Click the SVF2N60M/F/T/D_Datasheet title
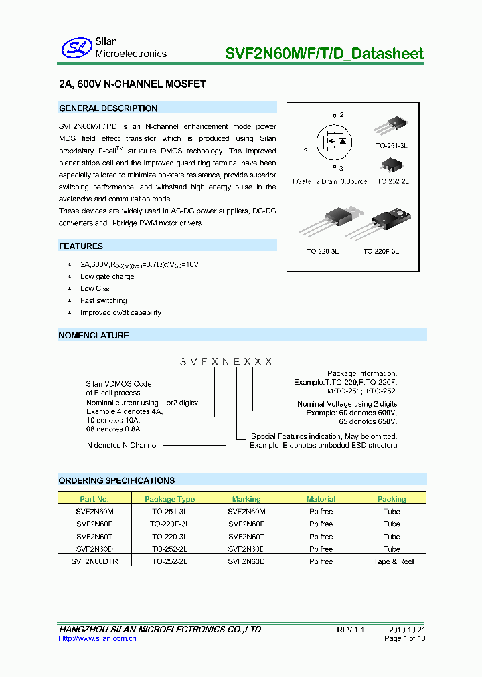click(327, 53)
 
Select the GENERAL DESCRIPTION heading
click(108, 108)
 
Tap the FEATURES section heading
click(81, 246)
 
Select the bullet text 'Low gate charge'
click(107, 276)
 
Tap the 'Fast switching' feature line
click(103, 300)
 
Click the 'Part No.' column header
click(94, 499)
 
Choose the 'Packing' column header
click(392, 499)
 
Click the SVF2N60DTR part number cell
click(94, 561)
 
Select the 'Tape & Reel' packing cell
click(393, 561)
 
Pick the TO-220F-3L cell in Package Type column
click(169, 524)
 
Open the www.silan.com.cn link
click(98, 639)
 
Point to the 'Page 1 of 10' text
click(404, 638)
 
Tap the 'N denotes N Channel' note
click(122, 445)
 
